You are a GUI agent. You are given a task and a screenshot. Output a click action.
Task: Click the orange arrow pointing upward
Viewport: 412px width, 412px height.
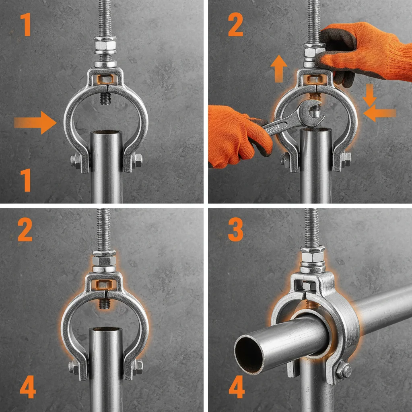[x=278, y=69]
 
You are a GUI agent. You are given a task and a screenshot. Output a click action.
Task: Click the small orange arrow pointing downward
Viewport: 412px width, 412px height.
[x=369, y=94]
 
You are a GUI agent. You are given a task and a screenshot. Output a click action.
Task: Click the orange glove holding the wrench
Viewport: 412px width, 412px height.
[x=237, y=133]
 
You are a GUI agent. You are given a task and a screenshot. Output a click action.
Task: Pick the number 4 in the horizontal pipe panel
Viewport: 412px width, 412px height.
[x=236, y=387]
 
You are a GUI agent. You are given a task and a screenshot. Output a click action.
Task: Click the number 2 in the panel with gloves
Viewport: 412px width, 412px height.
[x=235, y=25]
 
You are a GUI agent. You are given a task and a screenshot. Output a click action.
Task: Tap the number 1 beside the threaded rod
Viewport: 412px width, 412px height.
[x=25, y=24]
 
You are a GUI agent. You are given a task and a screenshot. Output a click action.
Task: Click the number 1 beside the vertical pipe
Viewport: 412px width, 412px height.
[x=26, y=180]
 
